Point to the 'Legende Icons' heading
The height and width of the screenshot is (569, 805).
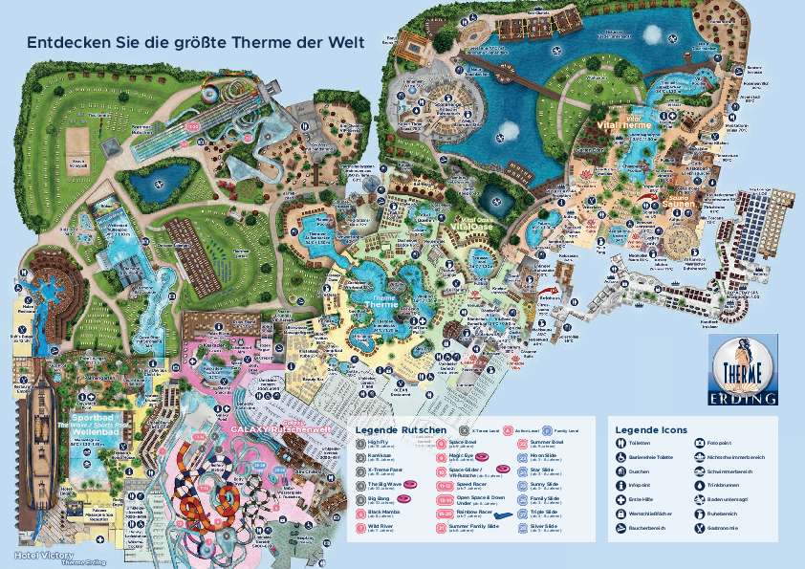point(651,429)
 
